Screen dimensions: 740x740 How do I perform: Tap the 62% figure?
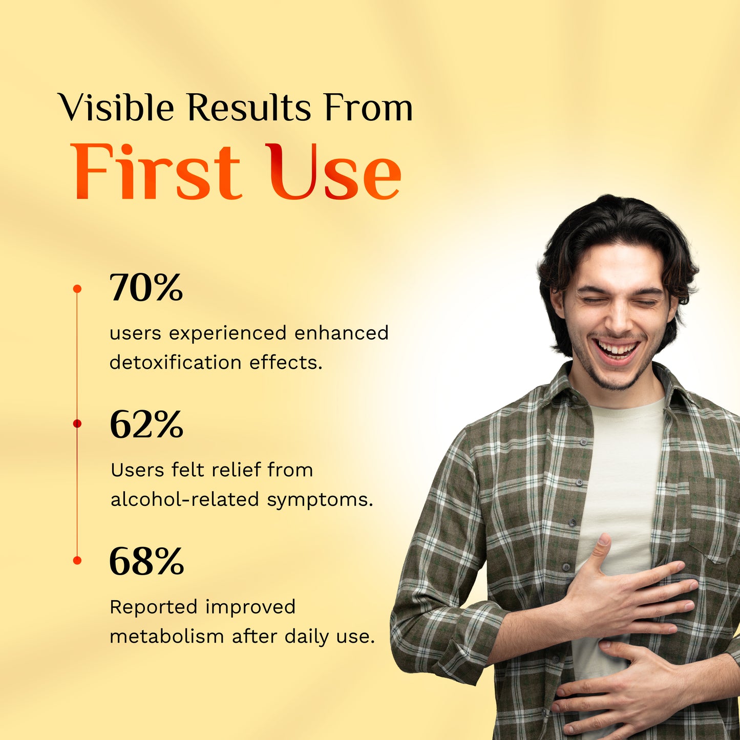point(146,425)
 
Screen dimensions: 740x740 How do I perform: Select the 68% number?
point(146,561)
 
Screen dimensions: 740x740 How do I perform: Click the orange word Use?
point(333,173)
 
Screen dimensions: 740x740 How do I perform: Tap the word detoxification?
point(176,363)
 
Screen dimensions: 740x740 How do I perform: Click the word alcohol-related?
point(185,499)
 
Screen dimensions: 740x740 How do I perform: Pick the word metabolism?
point(167,637)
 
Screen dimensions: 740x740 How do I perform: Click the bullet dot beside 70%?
point(77,289)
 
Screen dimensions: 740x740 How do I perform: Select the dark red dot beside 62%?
point(77,424)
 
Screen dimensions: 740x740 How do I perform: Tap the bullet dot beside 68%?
point(77,560)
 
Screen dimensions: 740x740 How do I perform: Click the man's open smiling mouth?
point(617,351)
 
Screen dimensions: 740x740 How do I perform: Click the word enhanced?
point(341,333)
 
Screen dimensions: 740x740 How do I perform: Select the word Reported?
point(154,607)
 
